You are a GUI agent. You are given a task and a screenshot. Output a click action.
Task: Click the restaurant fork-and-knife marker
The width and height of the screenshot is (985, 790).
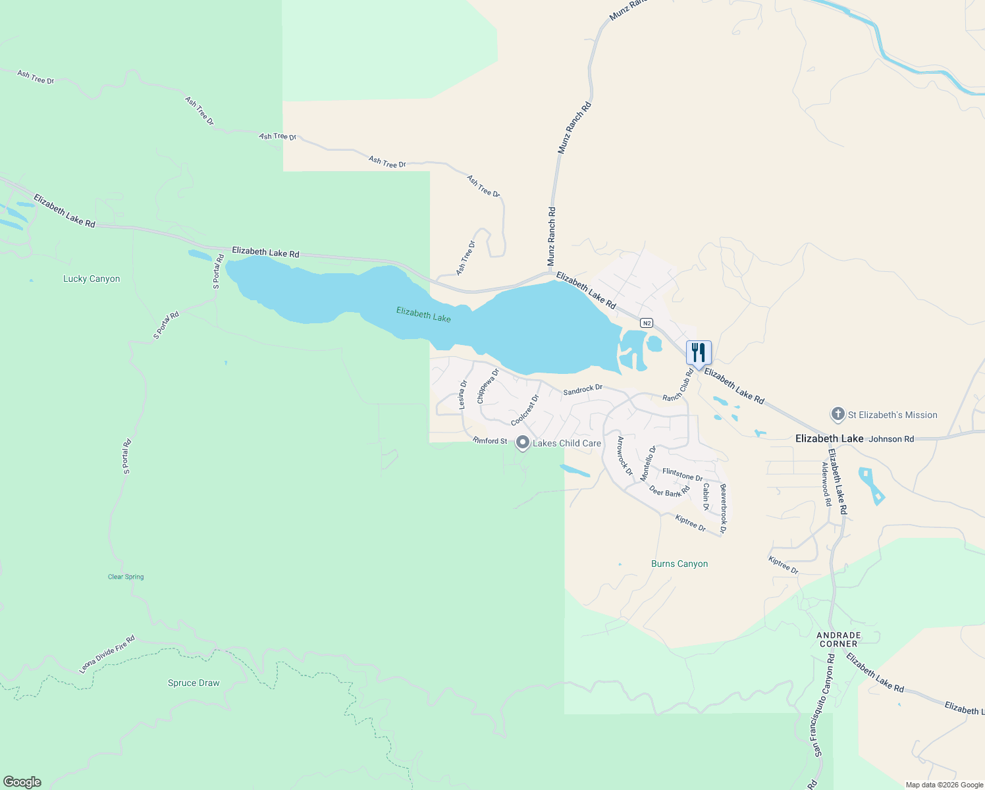click(699, 352)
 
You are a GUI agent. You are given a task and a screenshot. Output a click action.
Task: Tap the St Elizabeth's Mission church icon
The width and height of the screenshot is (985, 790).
click(838, 415)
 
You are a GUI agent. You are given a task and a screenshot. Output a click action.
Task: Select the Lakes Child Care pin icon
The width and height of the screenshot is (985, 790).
click(523, 442)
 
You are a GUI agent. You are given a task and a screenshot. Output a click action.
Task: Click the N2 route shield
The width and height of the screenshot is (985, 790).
click(647, 323)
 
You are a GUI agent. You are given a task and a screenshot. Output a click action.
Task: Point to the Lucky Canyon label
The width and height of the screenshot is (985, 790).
click(92, 279)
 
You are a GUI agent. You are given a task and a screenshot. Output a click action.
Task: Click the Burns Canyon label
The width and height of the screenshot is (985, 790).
click(679, 564)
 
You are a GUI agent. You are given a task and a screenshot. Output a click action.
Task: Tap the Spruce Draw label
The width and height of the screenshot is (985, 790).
click(194, 683)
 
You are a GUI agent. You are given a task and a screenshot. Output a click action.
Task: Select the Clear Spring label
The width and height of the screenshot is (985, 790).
click(126, 577)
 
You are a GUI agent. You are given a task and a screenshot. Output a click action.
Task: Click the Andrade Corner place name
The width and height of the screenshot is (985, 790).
click(839, 639)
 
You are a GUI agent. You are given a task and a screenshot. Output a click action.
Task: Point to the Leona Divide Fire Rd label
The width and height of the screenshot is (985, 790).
click(107, 654)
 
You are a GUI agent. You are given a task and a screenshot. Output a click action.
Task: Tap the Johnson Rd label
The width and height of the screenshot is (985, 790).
click(892, 439)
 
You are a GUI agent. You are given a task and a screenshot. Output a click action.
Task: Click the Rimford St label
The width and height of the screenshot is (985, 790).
click(490, 440)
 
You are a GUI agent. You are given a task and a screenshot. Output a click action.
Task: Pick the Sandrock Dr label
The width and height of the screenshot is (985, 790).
click(583, 390)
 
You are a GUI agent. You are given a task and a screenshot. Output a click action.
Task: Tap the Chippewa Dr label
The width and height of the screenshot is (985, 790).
click(488, 386)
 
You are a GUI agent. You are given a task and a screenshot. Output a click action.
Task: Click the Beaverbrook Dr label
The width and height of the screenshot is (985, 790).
click(723, 508)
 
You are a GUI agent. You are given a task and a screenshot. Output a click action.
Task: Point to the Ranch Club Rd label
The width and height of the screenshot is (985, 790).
click(678, 385)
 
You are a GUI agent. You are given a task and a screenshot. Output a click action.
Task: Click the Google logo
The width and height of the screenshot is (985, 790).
click(22, 782)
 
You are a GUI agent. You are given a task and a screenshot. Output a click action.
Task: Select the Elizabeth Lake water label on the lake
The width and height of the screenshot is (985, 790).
click(423, 314)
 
